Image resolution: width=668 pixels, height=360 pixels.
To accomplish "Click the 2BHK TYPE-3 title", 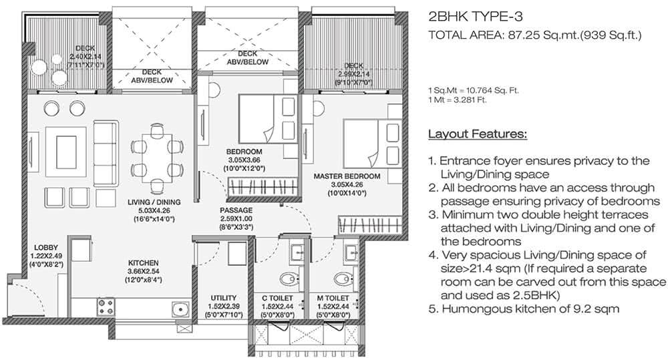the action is [475, 17].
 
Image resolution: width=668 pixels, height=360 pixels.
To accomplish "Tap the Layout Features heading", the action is [478, 134].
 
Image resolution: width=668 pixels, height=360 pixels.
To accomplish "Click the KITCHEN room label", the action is [143, 263].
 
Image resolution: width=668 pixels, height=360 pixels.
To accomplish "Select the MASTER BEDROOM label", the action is [347, 176].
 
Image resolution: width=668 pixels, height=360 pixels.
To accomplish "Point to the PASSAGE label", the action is [236, 210].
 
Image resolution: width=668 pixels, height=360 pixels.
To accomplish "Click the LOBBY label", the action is [46, 248].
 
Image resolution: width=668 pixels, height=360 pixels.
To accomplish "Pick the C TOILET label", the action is [278, 299].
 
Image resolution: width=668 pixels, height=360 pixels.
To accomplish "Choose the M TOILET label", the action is [333, 299].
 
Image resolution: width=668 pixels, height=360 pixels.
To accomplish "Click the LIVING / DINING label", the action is [154, 202].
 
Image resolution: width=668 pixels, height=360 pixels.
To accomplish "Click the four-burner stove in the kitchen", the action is [106, 307].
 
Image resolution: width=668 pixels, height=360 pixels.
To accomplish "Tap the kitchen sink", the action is [180, 308].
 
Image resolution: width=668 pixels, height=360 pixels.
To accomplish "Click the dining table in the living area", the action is [157, 156].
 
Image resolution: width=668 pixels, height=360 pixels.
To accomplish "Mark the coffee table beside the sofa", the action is [66, 151].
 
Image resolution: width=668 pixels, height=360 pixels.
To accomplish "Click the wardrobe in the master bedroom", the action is [370, 225].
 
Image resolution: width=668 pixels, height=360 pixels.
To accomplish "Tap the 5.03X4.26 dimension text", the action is [154, 210].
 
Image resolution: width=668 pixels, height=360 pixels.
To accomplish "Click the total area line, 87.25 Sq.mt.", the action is [534, 35].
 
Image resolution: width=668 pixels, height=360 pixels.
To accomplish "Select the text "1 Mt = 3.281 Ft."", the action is [457, 100].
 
